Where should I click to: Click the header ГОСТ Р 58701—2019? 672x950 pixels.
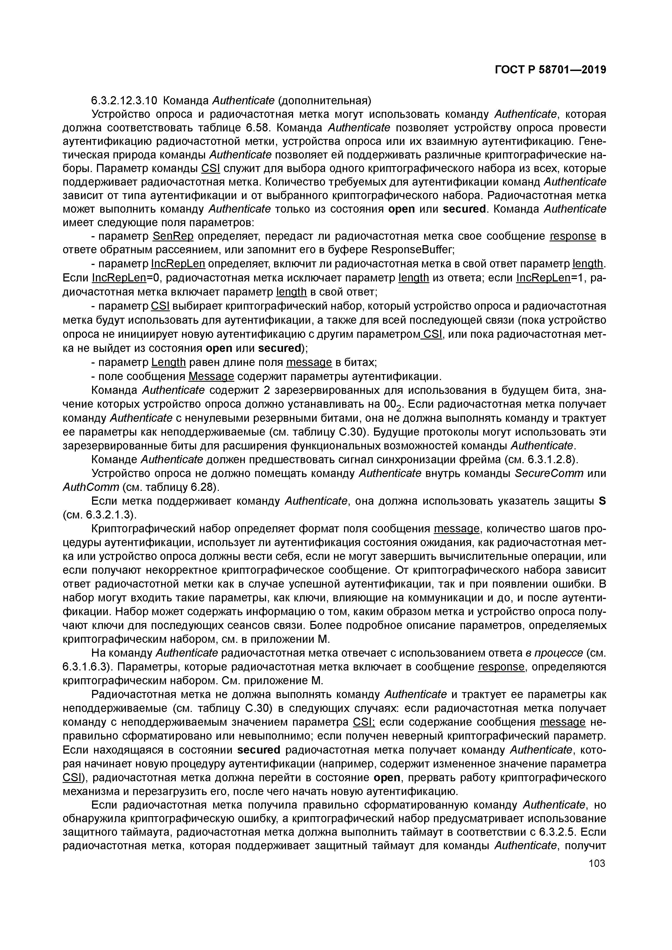[550, 70]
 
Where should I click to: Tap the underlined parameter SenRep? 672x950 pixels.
[173, 236]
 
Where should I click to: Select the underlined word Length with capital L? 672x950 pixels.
[168, 362]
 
